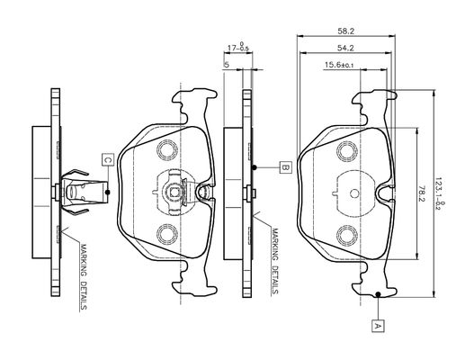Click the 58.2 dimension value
[345, 31]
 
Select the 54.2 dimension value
[345, 48]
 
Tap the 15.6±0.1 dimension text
[339, 65]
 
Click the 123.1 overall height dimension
[439, 193]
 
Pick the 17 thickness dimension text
[238, 47]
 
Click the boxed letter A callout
[378, 326]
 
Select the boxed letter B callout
[285, 167]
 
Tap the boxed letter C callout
[108, 159]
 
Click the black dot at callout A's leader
[378, 294]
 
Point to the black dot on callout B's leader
[255, 167]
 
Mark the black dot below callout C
[108, 192]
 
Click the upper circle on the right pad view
[347, 150]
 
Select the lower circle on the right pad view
[347, 235]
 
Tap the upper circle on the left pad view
[167, 150]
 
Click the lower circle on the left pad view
[167, 234]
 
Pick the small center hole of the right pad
[354, 193]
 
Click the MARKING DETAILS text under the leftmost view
[84, 276]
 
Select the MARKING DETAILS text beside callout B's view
[275, 261]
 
